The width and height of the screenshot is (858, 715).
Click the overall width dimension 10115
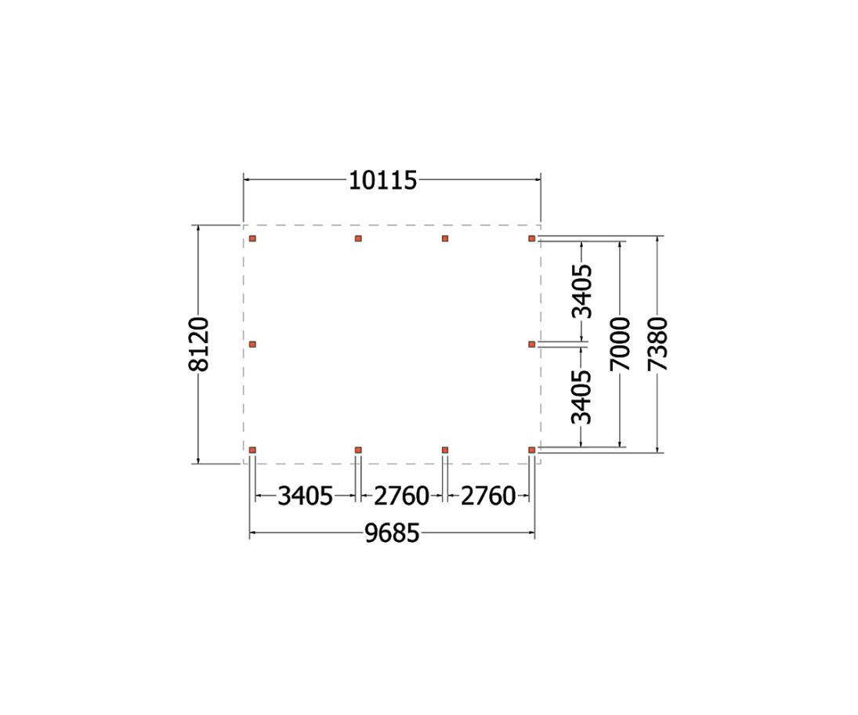click(383, 180)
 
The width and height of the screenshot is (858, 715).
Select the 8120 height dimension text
click(198, 344)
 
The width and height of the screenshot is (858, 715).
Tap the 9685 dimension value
click(392, 533)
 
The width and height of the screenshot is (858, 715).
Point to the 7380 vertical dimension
click(657, 344)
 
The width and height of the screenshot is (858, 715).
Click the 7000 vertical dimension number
click(621, 344)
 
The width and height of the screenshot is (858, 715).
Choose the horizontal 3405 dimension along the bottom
click(306, 497)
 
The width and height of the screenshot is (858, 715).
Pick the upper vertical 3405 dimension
click(581, 291)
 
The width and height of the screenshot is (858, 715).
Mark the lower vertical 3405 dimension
click(581, 397)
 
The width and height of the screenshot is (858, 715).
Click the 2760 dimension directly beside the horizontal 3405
click(401, 497)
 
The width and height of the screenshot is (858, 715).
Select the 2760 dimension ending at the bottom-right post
click(488, 497)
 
